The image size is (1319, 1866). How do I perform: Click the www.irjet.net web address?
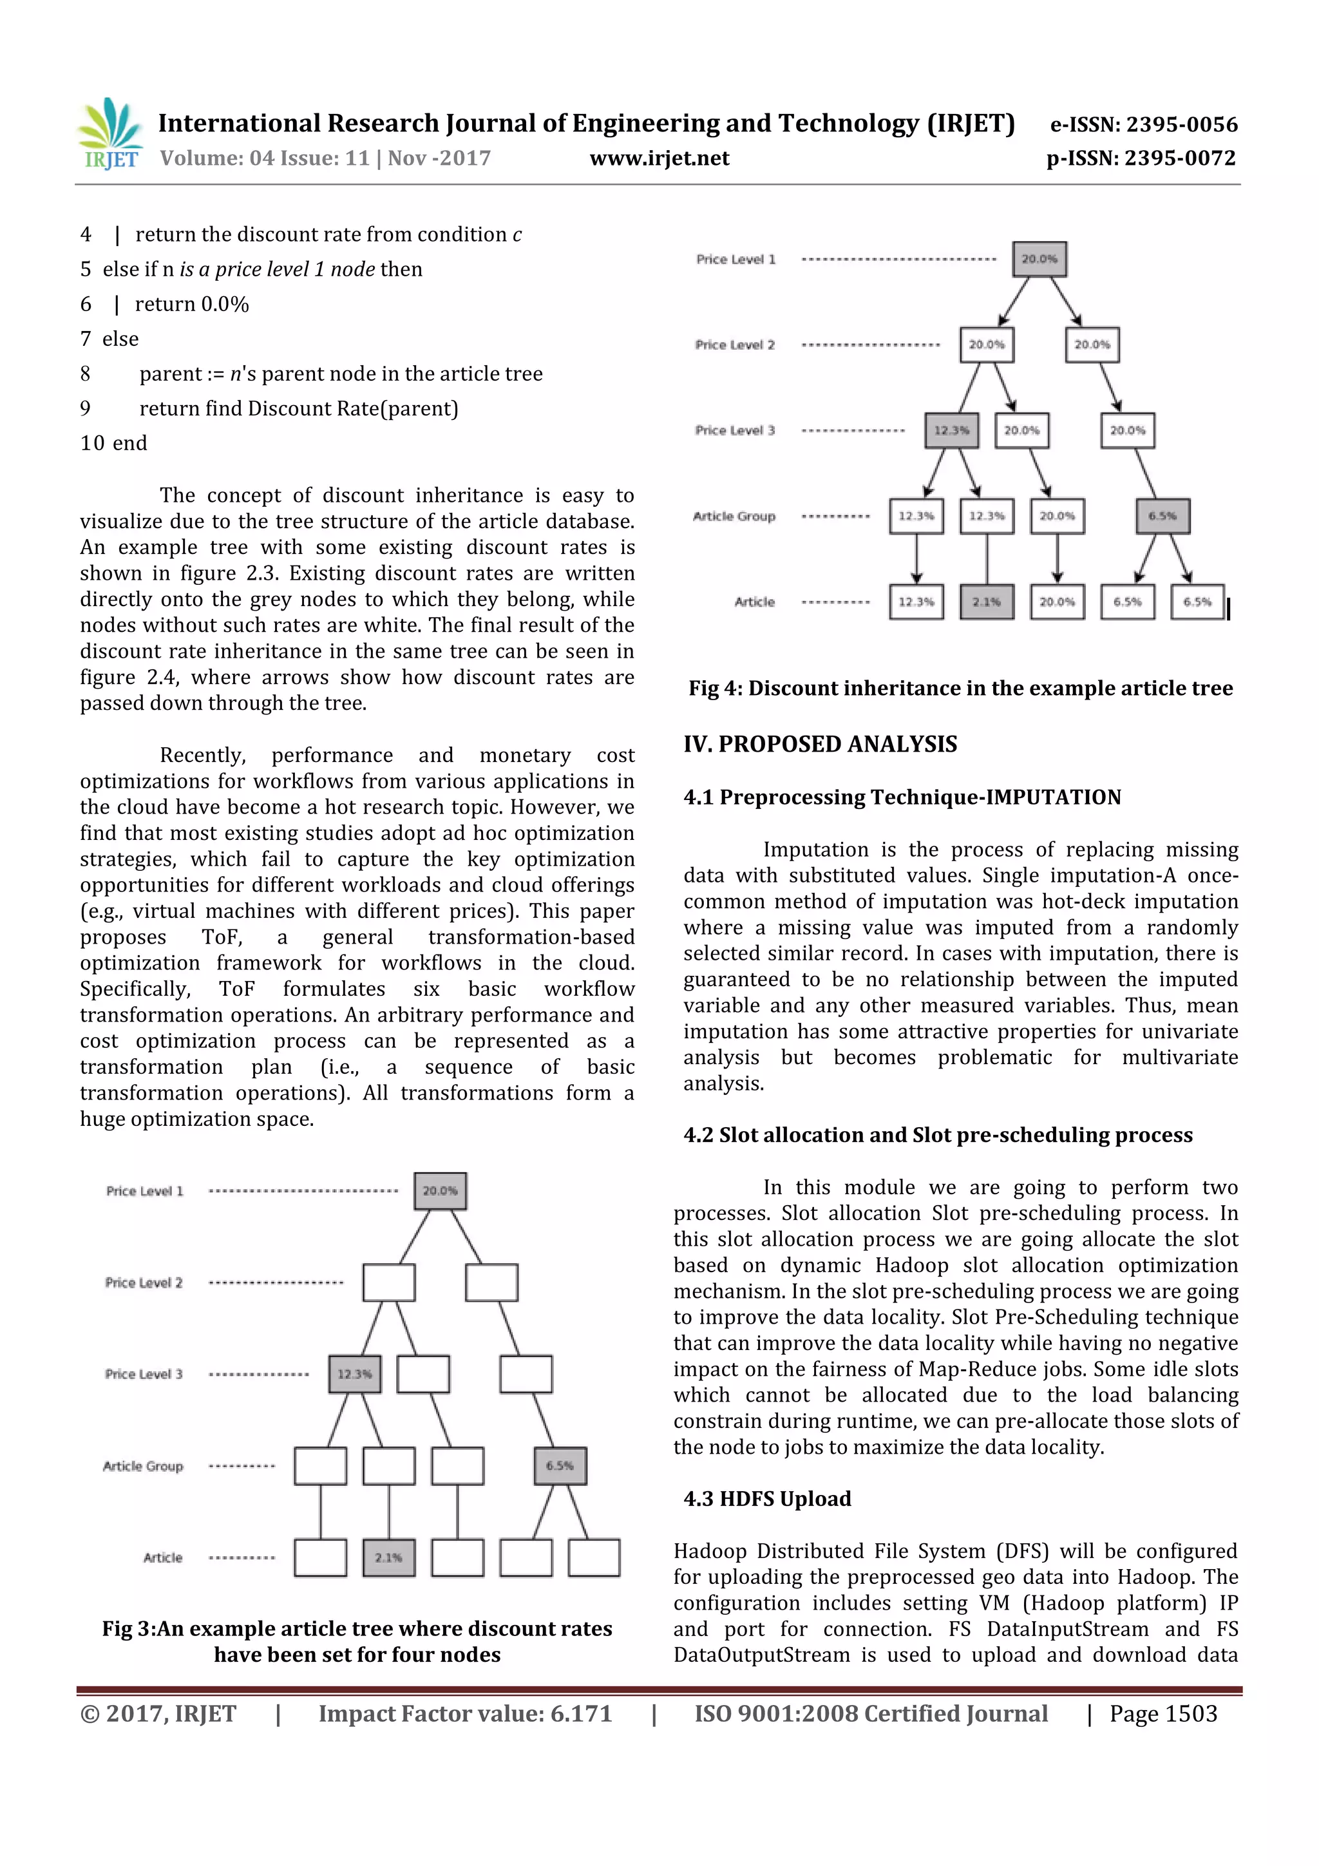[659, 158]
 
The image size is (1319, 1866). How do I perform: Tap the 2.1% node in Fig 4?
[987, 602]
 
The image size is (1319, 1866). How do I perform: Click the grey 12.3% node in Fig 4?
[951, 430]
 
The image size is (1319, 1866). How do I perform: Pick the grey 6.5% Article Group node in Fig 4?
[1162, 515]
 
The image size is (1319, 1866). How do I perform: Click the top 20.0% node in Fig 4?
[1039, 258]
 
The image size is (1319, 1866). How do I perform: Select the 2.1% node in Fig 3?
[388, 1557]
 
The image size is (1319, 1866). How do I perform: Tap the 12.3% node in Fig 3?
[354, 1373]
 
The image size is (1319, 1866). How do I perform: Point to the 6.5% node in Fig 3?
[560, 1465]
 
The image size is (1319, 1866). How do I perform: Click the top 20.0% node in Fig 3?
[440, 1190]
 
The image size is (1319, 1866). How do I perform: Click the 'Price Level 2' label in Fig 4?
[735, 345]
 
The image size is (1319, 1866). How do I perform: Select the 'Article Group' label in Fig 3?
[143, 1466]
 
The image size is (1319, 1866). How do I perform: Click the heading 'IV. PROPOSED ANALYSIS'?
[820, 744]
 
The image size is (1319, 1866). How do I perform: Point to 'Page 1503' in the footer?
[1163, 1713]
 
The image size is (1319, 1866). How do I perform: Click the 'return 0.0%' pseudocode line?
[192, 304]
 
